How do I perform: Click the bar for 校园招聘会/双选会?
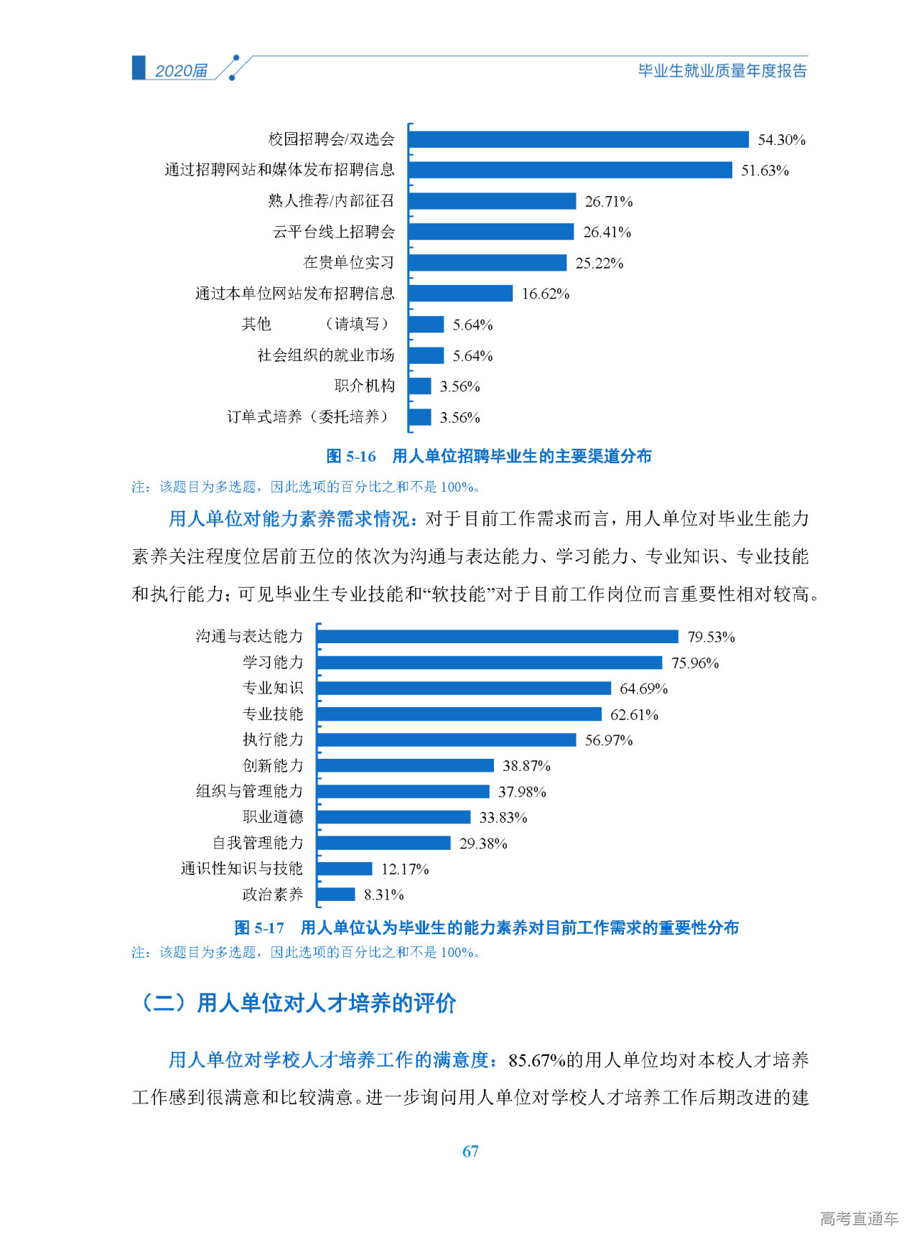[x=578, y=139]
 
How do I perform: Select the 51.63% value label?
[x=765, y=171]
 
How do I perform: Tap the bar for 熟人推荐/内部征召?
[x=492, y=201]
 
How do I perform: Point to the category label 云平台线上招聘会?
[x=334, y=232]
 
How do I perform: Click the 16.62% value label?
[x=546, y=294]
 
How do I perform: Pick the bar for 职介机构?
[x=420, y=386]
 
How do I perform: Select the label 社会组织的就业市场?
[x=326, y=355]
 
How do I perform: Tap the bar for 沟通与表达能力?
[x=498, y=637]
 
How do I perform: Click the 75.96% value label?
[x=695, y=663]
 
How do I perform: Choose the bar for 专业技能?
[x=459, y=714]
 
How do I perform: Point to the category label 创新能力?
[x=273, y=766]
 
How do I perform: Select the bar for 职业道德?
[x=393, y=817]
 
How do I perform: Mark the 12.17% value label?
[x=405, y=869]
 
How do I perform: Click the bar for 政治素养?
[x=336, y=895]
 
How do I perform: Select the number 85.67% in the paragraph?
[x=536, y=1060]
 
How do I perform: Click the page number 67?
[x=470, y=1152]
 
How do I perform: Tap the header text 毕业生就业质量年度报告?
[x=722, y=70]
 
